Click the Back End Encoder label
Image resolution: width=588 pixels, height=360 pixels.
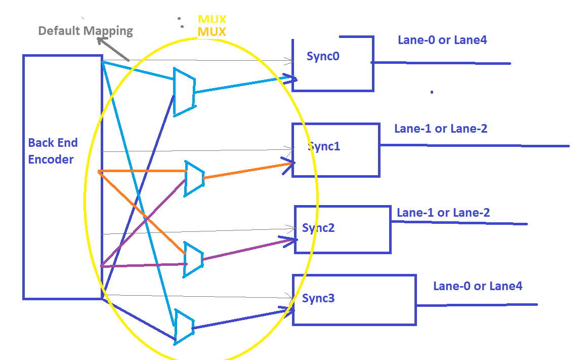click(x=51, y=151)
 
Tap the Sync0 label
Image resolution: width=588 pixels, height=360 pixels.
click(x=323, y=56)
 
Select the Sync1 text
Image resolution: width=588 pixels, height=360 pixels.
click(x=324, y=147)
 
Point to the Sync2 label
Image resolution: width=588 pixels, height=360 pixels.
click(x=318, y=228)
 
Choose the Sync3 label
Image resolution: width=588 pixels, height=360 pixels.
click(x=318, y=298)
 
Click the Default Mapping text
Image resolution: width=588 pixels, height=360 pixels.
click(x=86, y=31)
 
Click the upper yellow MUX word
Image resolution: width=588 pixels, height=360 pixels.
click(x=212, y=20)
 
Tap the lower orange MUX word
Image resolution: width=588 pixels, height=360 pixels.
click(x=212, y=31)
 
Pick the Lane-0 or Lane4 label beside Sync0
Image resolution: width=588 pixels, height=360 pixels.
click(x=442, y=40)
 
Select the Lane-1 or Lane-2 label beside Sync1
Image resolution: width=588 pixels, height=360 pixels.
click(x=441, y=129)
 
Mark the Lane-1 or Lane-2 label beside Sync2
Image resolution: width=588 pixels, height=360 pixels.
click(x=443, y=213)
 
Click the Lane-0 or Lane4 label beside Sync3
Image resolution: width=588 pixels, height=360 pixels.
click(x=478, y=286)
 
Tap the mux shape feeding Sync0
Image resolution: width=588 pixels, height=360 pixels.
click(x=184, y=92)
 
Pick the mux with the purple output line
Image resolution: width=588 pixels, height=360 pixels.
click(x=193, y=259)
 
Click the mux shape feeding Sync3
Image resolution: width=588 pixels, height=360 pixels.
click(x=184, y=326)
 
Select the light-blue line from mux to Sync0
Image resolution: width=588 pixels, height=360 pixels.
click(x=243, y=85)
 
